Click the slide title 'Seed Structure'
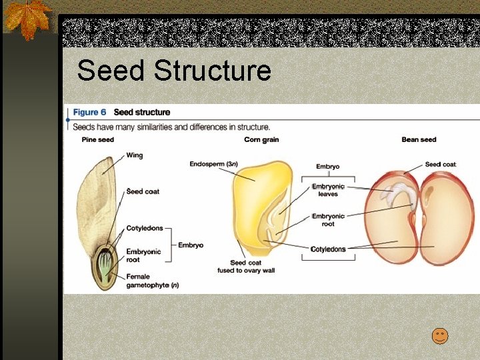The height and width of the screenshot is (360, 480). (x=173, y=71)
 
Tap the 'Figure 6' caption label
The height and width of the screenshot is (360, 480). (x=89, y=113)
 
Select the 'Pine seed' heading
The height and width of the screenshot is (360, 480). (x=98, y=139)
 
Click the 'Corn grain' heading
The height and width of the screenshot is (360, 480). (x=261, y=139)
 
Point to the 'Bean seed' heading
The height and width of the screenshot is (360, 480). (x=419, y=139)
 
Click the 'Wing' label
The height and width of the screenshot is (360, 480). (x=135, y=155)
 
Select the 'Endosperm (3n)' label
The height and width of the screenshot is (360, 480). (x=213, y=164)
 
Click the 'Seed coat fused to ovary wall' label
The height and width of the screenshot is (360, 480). (x=247, y=267)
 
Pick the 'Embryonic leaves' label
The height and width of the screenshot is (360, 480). (x=328, y=190)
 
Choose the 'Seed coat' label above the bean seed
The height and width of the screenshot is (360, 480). (x=440, y=165)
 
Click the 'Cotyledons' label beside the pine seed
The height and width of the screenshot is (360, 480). (x=145, y=228)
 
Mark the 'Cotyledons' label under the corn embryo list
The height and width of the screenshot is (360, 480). (x=328, y=249)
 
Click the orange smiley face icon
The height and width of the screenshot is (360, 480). (x=440, y=336)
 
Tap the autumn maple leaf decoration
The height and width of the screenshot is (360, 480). (x=26, y=18)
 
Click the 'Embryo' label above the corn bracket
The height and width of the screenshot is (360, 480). (x=327, y=167)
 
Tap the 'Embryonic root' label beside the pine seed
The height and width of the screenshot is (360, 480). (x=143, y=255)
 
